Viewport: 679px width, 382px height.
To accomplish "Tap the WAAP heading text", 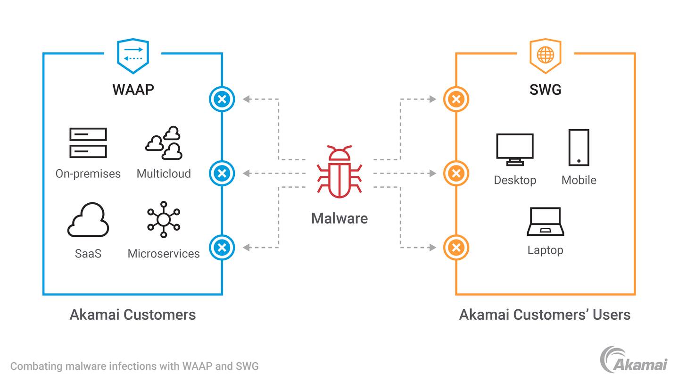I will coord(133,89).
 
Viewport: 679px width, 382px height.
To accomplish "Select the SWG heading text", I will coord(545,89).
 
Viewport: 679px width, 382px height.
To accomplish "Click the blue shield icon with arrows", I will coord(133,55).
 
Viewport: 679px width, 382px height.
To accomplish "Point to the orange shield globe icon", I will coord(545,55).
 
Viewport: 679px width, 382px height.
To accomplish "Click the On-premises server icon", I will coord(88,142).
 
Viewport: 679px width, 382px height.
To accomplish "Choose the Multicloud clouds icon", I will coord(164,142).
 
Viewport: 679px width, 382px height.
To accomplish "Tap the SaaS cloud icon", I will coord(88,220).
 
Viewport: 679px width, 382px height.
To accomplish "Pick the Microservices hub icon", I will coord(164,219).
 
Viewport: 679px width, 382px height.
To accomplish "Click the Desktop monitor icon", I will coord(514,149).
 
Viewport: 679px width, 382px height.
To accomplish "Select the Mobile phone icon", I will coord(579,147).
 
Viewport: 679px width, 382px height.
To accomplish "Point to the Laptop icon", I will coord(545,222).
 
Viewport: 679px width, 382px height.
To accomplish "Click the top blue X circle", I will coord(222,99).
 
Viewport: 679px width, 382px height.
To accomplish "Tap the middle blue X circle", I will coord(222,173).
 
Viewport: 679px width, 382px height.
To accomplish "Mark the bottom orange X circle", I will coord(456,247).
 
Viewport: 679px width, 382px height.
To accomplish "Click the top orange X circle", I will coord(456,99).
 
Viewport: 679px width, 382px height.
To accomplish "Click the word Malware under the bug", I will coord(339,218).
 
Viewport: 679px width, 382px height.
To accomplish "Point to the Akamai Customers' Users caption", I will coord(545,315).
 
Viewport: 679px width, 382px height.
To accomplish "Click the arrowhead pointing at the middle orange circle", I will coord(433,173).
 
